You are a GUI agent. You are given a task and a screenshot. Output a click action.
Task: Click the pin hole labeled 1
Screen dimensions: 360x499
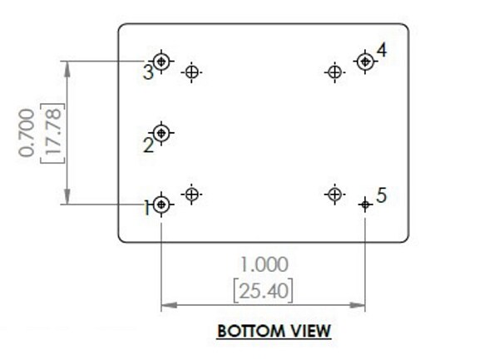(161, 205)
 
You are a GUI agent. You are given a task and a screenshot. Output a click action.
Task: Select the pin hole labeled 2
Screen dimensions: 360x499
(161, 132)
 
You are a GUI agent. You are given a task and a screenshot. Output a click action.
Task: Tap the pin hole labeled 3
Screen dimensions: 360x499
(161, 61)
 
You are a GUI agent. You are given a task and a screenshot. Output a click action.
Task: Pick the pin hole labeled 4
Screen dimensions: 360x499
(363, 61)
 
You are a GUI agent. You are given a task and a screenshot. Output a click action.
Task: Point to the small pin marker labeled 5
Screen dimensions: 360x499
(364, 205)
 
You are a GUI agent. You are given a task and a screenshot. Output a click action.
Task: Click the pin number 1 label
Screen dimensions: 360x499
(146, 207)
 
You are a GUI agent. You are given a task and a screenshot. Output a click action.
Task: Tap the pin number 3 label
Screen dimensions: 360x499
(147, 72)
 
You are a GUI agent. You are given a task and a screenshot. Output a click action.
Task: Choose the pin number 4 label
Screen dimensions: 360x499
(381, 51)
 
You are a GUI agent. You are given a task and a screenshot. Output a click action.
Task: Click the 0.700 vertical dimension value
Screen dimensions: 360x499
(28, 132)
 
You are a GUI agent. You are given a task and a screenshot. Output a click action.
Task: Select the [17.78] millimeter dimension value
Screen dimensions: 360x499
(51, 132)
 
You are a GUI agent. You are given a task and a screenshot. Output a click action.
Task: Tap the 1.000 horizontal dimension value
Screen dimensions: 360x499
(264, 264)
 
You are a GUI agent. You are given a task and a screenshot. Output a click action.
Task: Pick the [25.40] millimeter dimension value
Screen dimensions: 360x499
(264, 290)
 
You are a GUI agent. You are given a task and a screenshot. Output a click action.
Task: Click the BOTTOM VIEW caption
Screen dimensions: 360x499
(274, 331)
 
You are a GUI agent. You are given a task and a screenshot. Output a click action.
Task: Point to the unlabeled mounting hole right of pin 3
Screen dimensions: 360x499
(192, 72)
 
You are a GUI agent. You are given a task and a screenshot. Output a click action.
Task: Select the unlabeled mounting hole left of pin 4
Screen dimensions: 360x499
(333, 72)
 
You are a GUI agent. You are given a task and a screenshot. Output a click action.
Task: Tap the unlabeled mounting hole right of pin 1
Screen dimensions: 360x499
(192, 195)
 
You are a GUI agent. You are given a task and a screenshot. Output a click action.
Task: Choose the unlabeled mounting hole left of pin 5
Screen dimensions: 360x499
(333, 195)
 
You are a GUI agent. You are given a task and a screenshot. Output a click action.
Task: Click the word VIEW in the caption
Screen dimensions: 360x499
(309, 331)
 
